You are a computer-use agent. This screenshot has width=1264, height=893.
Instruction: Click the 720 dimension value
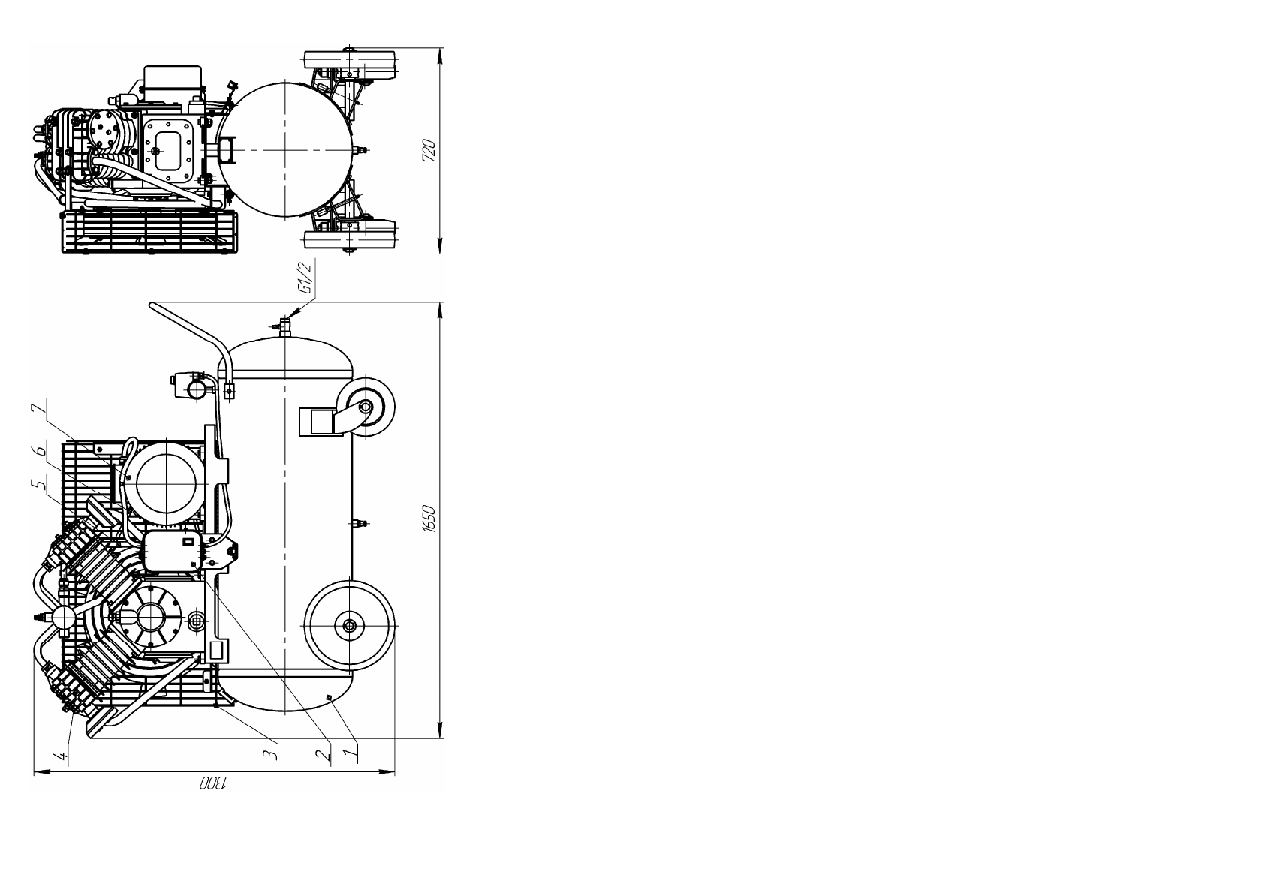tap(429, 151)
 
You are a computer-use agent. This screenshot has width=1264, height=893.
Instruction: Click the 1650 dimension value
tap(429, 519)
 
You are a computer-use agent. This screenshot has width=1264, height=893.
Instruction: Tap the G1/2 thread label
tap(305, 278)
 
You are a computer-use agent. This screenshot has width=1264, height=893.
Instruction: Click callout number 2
tap(323, 753)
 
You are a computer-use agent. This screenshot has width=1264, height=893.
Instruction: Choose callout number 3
tap(272, 752)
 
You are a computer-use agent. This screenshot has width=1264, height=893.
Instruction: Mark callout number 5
tap(38, 484)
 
